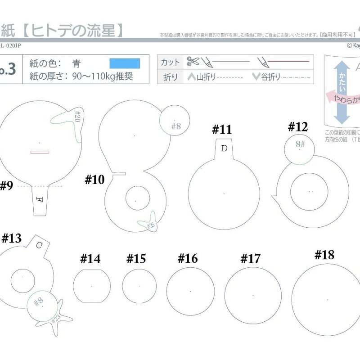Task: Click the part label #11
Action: [222, 130]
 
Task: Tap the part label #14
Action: [90, 259]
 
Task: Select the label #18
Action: [324, 255]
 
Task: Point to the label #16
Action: [187, 258]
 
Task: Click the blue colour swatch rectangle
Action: [125, 63]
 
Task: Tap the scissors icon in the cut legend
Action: [193, 61]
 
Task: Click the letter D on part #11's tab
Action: [224, 148]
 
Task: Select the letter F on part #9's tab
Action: [40, 199]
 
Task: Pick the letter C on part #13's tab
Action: [40, 245]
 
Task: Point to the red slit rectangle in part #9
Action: [40, 152]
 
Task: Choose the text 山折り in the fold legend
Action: [202, 77]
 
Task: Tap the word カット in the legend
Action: [170, 62]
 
